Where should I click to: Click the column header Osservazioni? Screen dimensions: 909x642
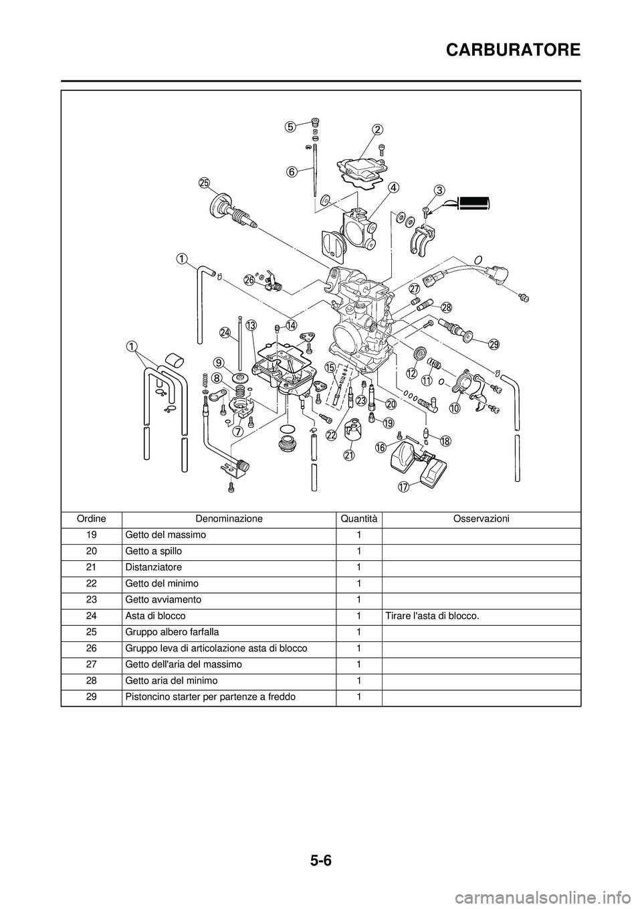(481, 519)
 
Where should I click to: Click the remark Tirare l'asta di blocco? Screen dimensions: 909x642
(432, 616)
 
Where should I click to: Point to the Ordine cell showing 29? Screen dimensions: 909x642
(92, 697)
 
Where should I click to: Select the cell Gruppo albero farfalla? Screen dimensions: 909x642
(171, 632)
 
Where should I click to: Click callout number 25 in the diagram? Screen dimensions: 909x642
(204, 183)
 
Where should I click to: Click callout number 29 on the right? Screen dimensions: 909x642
(494, 344)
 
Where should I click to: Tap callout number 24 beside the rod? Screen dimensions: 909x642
(225, 332)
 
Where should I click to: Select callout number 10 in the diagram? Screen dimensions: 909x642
(455, 408)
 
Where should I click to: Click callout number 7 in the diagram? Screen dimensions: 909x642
(237, 432)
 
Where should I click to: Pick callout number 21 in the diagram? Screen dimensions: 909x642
(348, 454)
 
